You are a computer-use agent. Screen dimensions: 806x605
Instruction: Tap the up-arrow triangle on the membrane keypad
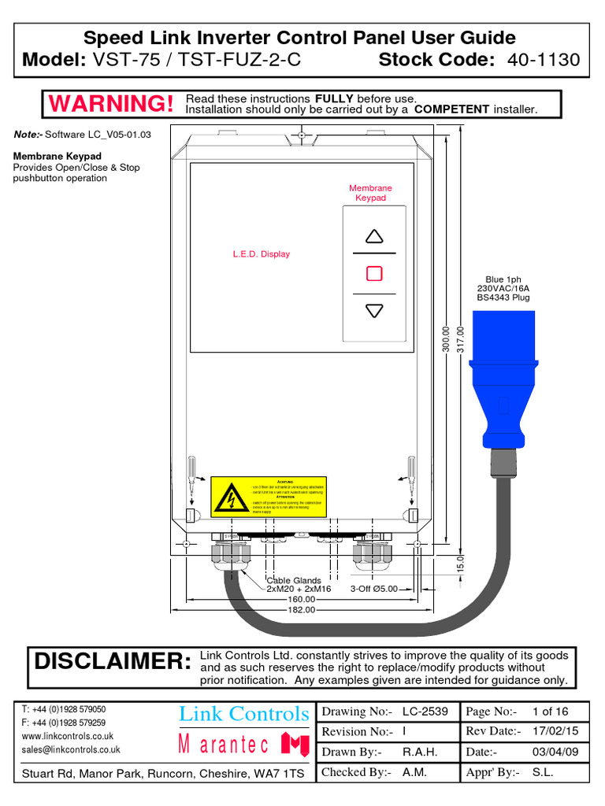tap(374, 236)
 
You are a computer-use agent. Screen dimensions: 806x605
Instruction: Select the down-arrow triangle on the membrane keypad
tap(374, 311)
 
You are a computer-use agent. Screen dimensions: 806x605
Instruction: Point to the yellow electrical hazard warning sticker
tap(268, 497)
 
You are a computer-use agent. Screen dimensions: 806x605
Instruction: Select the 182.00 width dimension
tap(301, 609)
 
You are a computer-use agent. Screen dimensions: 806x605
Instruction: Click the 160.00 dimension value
tap(301, 598)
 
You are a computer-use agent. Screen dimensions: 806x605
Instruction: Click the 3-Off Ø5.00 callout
tap(374, 589)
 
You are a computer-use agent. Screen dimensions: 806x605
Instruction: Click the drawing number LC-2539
tap(425, 712)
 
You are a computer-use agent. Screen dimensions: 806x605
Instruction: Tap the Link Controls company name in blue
tap(244, 714)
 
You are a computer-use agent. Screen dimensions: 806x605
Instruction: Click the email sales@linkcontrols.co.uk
tap(71, 750)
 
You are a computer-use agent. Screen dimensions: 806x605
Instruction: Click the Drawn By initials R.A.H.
tap(419, 752)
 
